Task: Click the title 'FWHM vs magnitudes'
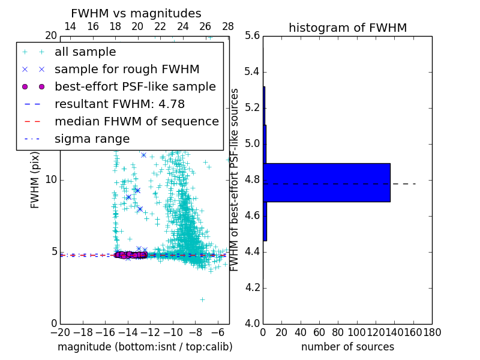click(136, 13)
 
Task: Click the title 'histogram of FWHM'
click(347, 28)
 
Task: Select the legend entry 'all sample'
click(85, 52)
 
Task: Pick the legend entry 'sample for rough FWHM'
click(127, 69)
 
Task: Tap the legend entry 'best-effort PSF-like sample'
click(135, 86)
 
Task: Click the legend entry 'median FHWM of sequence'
click(136, 121)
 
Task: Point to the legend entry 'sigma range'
click(92, 139)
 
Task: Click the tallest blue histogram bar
click(327, 182)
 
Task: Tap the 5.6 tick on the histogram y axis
click(252, 36)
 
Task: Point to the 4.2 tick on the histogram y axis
click(252, 287)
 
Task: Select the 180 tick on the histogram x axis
click(431, 332)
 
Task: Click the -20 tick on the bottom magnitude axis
click(60, 332)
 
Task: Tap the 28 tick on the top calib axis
click(228, 26)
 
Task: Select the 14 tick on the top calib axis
click(70, 26)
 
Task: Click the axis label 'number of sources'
click(347, 347)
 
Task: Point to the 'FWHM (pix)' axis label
click(35, 179)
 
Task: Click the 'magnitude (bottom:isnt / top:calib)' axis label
click(145, 347)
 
